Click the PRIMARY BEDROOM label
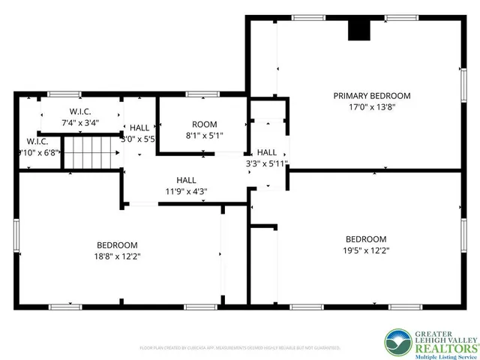point(372,95)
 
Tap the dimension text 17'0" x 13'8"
point(372,106)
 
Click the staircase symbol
point(91,152)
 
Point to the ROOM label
point(204,124)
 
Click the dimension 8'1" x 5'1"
point(204,136)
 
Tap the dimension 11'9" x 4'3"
point(186,191)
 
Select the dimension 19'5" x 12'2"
point(365,250)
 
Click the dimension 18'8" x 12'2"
point(118,256)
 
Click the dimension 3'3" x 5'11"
point(267,163)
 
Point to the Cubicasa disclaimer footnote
point(240,348)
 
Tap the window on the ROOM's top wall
point(198,94)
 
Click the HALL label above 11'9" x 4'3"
point(186,180)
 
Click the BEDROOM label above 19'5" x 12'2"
point(365,239)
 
